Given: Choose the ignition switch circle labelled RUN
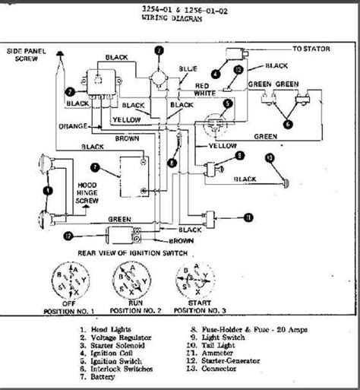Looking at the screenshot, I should (x=132, y=281).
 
